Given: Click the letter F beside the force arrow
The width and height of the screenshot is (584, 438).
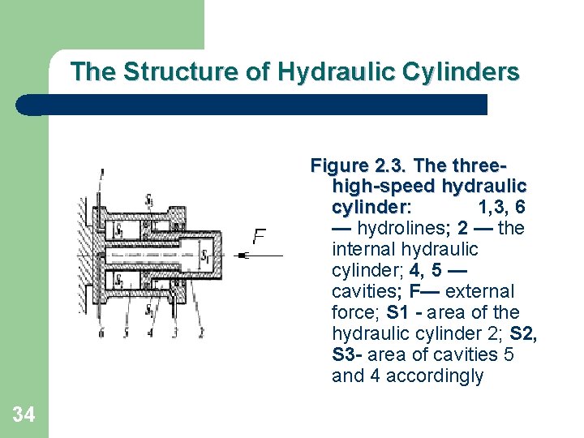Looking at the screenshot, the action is pyautogui.click(x=260, y=236).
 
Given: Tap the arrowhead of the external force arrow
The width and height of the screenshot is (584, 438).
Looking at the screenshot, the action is pyautogui.click(x=243, y=255).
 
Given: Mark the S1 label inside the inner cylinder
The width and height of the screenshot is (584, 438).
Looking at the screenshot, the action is pyautogui.click(x=206, y=258).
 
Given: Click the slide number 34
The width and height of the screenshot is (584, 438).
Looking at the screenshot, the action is pyautogui.click(x=24, y=415).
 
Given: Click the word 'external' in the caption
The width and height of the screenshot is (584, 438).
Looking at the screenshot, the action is pyautogui.click(x=480, y=291).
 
